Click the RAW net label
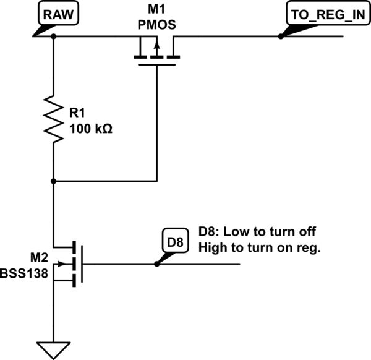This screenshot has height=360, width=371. click(x=58, y=15)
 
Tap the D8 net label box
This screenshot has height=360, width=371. click(x=174, y=241)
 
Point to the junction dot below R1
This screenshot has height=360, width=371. click(x=54, y=181)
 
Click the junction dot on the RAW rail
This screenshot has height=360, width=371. click(x=54, y=36)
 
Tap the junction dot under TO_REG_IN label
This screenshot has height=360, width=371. click(x=281, y=36)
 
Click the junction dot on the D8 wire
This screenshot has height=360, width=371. click(x=156, y=264)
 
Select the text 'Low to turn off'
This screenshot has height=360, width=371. click(x=270, y=233)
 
